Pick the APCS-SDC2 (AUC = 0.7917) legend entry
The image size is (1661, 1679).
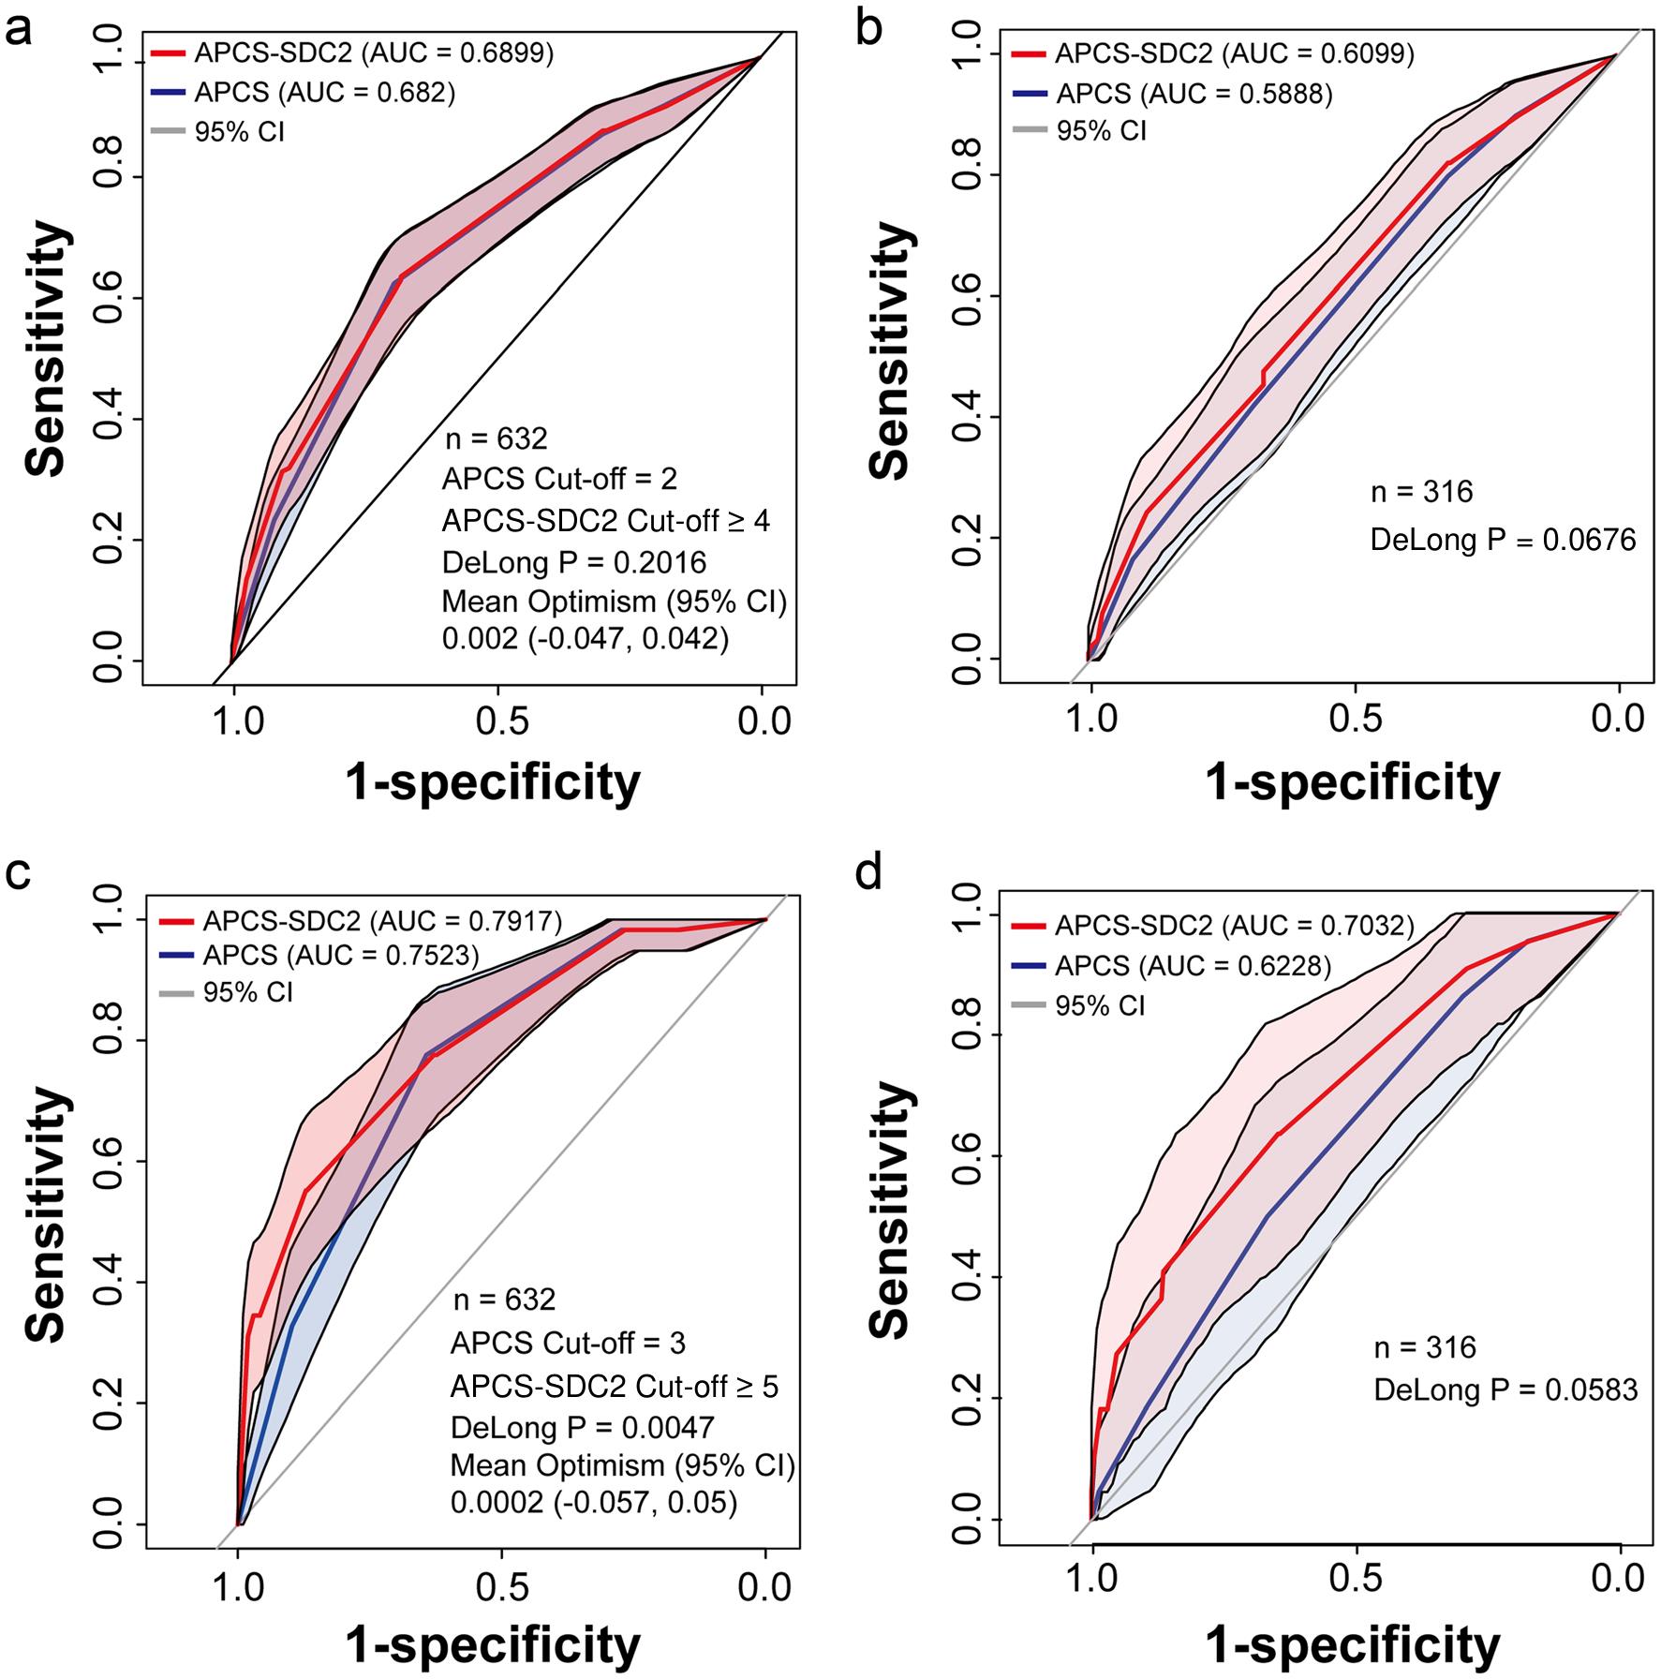pos(362,921)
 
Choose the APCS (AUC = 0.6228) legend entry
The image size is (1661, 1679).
pos(1172,965)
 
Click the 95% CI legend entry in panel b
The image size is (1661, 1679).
pos(1080,131)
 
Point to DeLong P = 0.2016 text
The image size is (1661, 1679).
pos(574,561)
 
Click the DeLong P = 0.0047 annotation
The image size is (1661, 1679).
pos(583,1426)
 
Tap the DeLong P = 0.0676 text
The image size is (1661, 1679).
pos(1504,539)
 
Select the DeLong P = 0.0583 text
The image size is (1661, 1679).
pos(1506,1389)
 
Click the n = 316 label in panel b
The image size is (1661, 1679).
pos(1421,491)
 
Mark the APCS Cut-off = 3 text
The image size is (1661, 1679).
pos(568,1343)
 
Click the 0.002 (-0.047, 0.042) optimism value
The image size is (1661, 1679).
pos(586,638)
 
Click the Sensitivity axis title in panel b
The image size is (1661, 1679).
pos(889,351)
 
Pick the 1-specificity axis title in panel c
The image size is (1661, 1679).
pos(493,1645)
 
